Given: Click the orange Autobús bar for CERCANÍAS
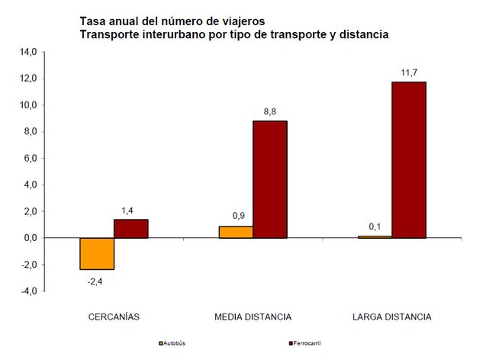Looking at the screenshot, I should pyautogui.click(x=98, y=254).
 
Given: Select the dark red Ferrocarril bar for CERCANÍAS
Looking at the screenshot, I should pyautogui.click(x=130, y=229).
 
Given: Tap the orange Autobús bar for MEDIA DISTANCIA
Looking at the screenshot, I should pyautogui.click(x=237, y=232).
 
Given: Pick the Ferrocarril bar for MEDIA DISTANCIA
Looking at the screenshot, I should pyautogui.click(x=270, y=180).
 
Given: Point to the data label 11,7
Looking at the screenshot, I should pyautogui.click(x=409, y=72).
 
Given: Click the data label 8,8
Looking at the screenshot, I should pyautogui.click(x=270, y=112).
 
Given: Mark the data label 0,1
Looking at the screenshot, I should pyautogui.click(x=375, y=227).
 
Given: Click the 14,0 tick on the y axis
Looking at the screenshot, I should pyautogui.click(x=27, y=52).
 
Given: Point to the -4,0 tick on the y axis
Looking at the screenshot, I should pyautogui.click(x=27, y=291).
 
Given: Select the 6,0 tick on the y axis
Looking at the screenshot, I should pyautogui.click(x=27, y=158).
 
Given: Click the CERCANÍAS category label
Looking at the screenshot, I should pyautogui.click(x=114, y=316).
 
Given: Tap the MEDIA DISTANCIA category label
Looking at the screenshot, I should pyautogui.click(x=253, y=316).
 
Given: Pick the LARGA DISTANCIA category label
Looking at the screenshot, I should pyautogui.click(x=391, y=316).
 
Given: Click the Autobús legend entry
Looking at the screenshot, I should pyautogui.click(x=175, y=343).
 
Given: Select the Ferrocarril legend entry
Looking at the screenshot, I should pyautogui.click(x=306, y=343).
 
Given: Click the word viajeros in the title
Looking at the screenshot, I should pyautogui.click(x=235, y=21).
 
